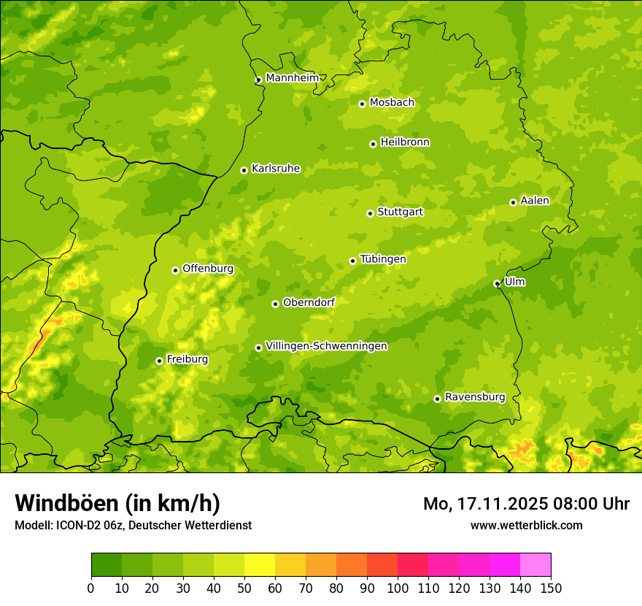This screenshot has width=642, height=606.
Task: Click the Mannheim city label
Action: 292,78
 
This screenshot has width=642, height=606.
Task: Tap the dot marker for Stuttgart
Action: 370,213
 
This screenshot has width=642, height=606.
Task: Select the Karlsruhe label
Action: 275,169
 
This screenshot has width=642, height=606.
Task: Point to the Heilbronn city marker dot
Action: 373,144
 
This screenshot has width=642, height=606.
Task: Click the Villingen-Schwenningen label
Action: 326,346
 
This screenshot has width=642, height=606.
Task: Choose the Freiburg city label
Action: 187,359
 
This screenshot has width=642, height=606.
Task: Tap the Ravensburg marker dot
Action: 437,399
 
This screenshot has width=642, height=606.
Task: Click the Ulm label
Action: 514,282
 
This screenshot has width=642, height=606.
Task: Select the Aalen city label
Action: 535,201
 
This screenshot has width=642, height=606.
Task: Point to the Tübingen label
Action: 382,259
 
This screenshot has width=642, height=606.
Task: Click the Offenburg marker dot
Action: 175,270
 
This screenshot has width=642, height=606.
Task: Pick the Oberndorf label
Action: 309,302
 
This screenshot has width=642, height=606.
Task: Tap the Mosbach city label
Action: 391,103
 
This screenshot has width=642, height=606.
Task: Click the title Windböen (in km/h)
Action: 117,503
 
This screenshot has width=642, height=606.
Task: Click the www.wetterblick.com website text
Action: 526,525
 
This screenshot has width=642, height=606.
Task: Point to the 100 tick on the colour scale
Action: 398,588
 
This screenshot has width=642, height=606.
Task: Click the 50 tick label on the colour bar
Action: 244,588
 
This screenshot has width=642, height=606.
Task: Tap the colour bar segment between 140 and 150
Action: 535,565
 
